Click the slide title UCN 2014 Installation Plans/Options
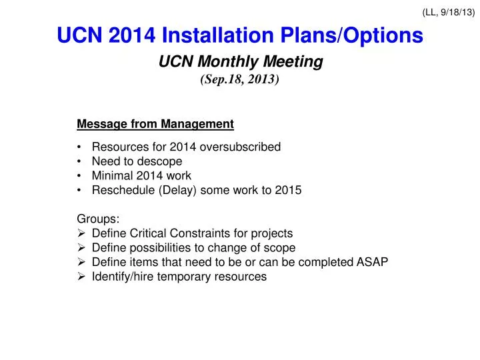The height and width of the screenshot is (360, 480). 240,35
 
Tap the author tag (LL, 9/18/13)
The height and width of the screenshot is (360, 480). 449,11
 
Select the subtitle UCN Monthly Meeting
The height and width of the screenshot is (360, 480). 240,62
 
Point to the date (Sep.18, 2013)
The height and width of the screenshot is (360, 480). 240,79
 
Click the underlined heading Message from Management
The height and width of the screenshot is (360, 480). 155,124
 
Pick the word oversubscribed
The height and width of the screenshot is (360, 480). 243,147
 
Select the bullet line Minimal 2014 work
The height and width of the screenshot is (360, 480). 141,176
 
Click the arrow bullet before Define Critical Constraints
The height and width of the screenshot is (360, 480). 81,233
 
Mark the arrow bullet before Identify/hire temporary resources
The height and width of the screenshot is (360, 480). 81,277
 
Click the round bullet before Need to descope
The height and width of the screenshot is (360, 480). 80,161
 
